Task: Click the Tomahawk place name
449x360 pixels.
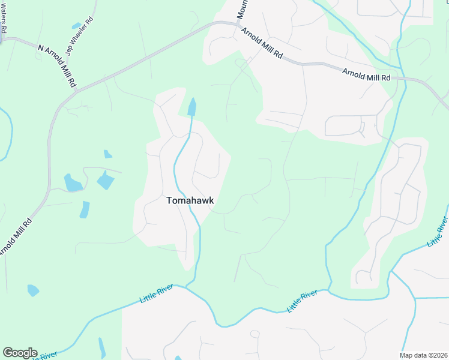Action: point(190,202)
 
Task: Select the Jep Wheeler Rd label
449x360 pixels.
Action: point(80,35)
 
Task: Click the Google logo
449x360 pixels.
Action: point(20,353)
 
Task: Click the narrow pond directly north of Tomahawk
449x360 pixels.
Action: point(192,107)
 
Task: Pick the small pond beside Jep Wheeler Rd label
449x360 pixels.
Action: point(76,26)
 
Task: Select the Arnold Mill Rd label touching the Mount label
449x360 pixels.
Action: point(262,43)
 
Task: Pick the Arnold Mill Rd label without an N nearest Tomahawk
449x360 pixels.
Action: point(262,43)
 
